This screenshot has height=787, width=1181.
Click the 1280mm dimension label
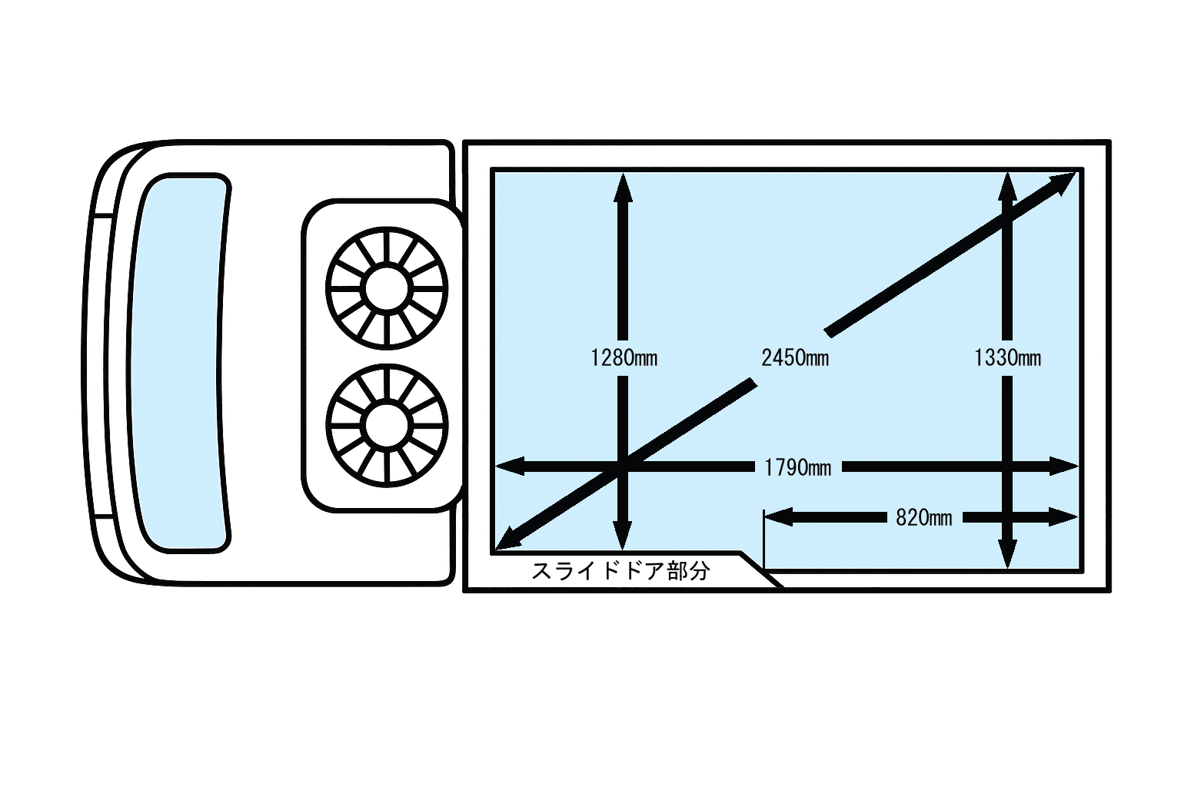coord(624,358)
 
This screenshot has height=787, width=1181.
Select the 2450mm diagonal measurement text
coord(795,358)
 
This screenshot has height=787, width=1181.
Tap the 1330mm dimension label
coord(1007,358)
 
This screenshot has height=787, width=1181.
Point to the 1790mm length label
coord(797,467)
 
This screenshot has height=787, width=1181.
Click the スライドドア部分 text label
coord(620,571)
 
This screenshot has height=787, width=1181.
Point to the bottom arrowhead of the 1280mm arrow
coord(623,536)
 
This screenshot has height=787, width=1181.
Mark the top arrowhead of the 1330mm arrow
coord(1007,186)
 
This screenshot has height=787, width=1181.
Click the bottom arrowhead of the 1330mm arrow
coord(1007,554)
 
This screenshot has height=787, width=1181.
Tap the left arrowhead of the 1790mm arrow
coord(509,466)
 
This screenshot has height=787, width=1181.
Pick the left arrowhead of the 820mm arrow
coord(779,517)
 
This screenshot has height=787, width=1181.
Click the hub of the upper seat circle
coord(387,288)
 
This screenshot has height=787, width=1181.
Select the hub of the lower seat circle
coord(387,425)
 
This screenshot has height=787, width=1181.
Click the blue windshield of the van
coord(179,364)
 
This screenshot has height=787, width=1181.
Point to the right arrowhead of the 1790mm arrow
coord(1063,466)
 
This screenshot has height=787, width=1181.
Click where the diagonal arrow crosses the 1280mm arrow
coord(623,466)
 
